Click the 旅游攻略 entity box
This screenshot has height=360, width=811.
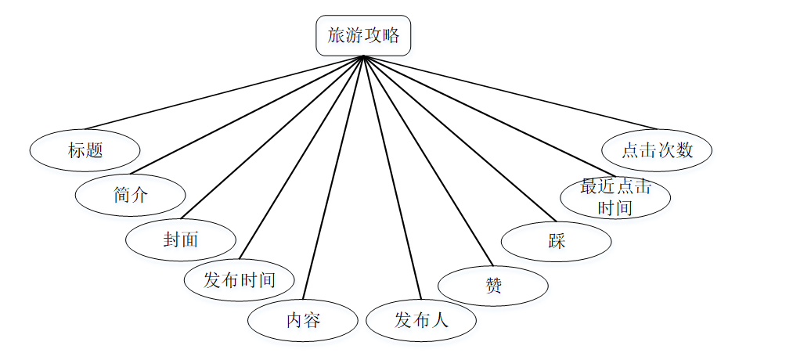pyautogui.click(x=363, y=36)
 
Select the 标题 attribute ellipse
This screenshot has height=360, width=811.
pyautogui.click(x=85, y=150)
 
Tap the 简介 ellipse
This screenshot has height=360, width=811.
pyautogui.click(x=130, y=195)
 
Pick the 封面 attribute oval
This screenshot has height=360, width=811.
pyautogui.click(x=181, y=239)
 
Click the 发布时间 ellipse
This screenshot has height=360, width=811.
pyautogui.click(x=240, y=279)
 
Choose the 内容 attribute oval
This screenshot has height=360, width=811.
pyautogui.click(x=303, y=320)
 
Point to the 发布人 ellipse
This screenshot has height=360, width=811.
pyautogui.click(x=421, y=320)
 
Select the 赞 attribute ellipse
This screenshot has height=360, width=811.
pyautogui.click(x=493, y=286)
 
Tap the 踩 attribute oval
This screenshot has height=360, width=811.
pyautogui.click(x=557, y=241)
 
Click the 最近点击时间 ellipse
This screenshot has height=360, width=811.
pyautogui.click(x=615, y=197)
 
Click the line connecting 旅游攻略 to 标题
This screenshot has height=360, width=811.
pyautogui.click(x=225, y=92)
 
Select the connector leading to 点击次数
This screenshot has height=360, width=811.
pyautogui.click(x=510, y=92)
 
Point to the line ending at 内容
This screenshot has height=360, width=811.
pyautogui.click(x=333, y=178)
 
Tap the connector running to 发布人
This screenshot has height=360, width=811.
pyautogui.click(x=392, y=178)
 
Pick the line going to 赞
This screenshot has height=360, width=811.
pyautogui.click(x=427, y=160)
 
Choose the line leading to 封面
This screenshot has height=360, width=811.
pyautogui.click(x=272, y=137)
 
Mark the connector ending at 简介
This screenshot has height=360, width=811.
pyautogui.click(x=247, y=115)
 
